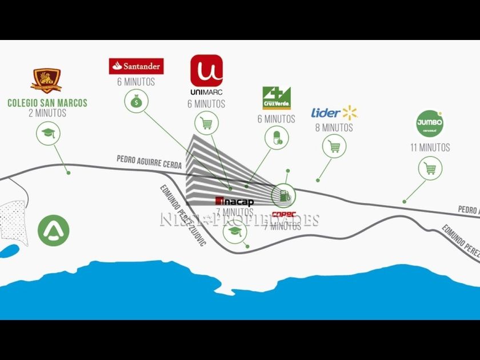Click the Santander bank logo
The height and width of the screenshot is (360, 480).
(136, 66)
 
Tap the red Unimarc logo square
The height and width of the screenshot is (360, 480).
(206, 70)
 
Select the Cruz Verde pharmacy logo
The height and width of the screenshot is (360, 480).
(277, 98)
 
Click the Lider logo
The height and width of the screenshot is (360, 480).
(334, 113)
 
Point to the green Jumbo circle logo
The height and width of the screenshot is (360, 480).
(430, 123)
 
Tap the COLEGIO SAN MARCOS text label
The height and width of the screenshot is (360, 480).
(47, 103)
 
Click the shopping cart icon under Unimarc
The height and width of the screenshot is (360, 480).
(206, 122)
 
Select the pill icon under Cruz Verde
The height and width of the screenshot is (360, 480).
(277, 138)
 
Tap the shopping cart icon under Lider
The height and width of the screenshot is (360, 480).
(334, 146)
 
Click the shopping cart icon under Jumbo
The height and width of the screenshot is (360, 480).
(430, 169)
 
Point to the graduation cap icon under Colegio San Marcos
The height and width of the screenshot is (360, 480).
(47, 135)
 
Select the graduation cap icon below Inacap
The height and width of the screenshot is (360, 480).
(235, 231)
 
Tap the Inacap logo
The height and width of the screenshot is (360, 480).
(234, 201)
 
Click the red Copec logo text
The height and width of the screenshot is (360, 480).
(283, 215)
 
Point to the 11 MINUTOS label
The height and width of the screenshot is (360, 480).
(430, 147)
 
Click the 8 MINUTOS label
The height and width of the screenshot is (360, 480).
(334, 127)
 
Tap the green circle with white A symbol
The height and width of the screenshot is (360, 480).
(54, 230)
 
